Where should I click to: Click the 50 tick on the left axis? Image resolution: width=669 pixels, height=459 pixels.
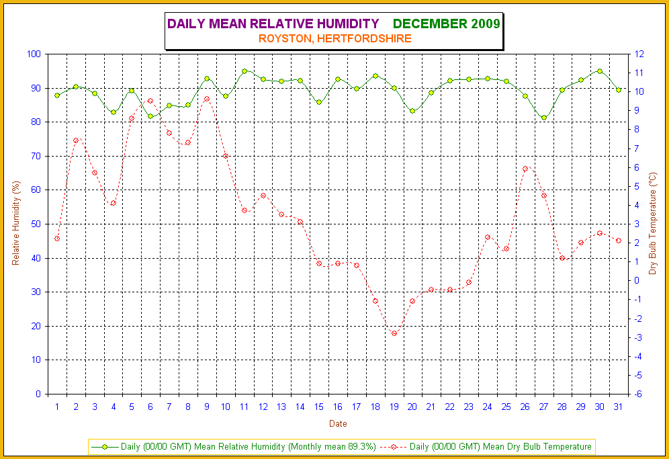pos(36,224)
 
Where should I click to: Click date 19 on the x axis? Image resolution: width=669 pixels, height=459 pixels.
pos(394,407)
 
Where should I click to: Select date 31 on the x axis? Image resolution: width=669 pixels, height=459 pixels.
pos(619,407)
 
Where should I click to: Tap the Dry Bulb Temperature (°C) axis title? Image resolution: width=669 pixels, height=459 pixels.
pos(652,224)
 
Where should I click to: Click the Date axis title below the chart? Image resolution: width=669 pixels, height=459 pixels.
pos(338,424)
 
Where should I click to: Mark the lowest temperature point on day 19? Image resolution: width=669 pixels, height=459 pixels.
pos(394,333)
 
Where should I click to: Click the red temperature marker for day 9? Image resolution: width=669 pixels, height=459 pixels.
pos(207,99)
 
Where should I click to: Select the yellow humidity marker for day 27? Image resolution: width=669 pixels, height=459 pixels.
pos(543,118)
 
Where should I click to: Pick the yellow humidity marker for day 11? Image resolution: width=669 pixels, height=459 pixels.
pos(244,71)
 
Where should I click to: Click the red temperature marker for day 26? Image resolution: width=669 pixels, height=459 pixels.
pos(525,169)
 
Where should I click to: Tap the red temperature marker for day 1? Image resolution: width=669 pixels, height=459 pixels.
pos(57,239)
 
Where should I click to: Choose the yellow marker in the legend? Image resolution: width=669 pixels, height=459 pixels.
pos(105,446)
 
